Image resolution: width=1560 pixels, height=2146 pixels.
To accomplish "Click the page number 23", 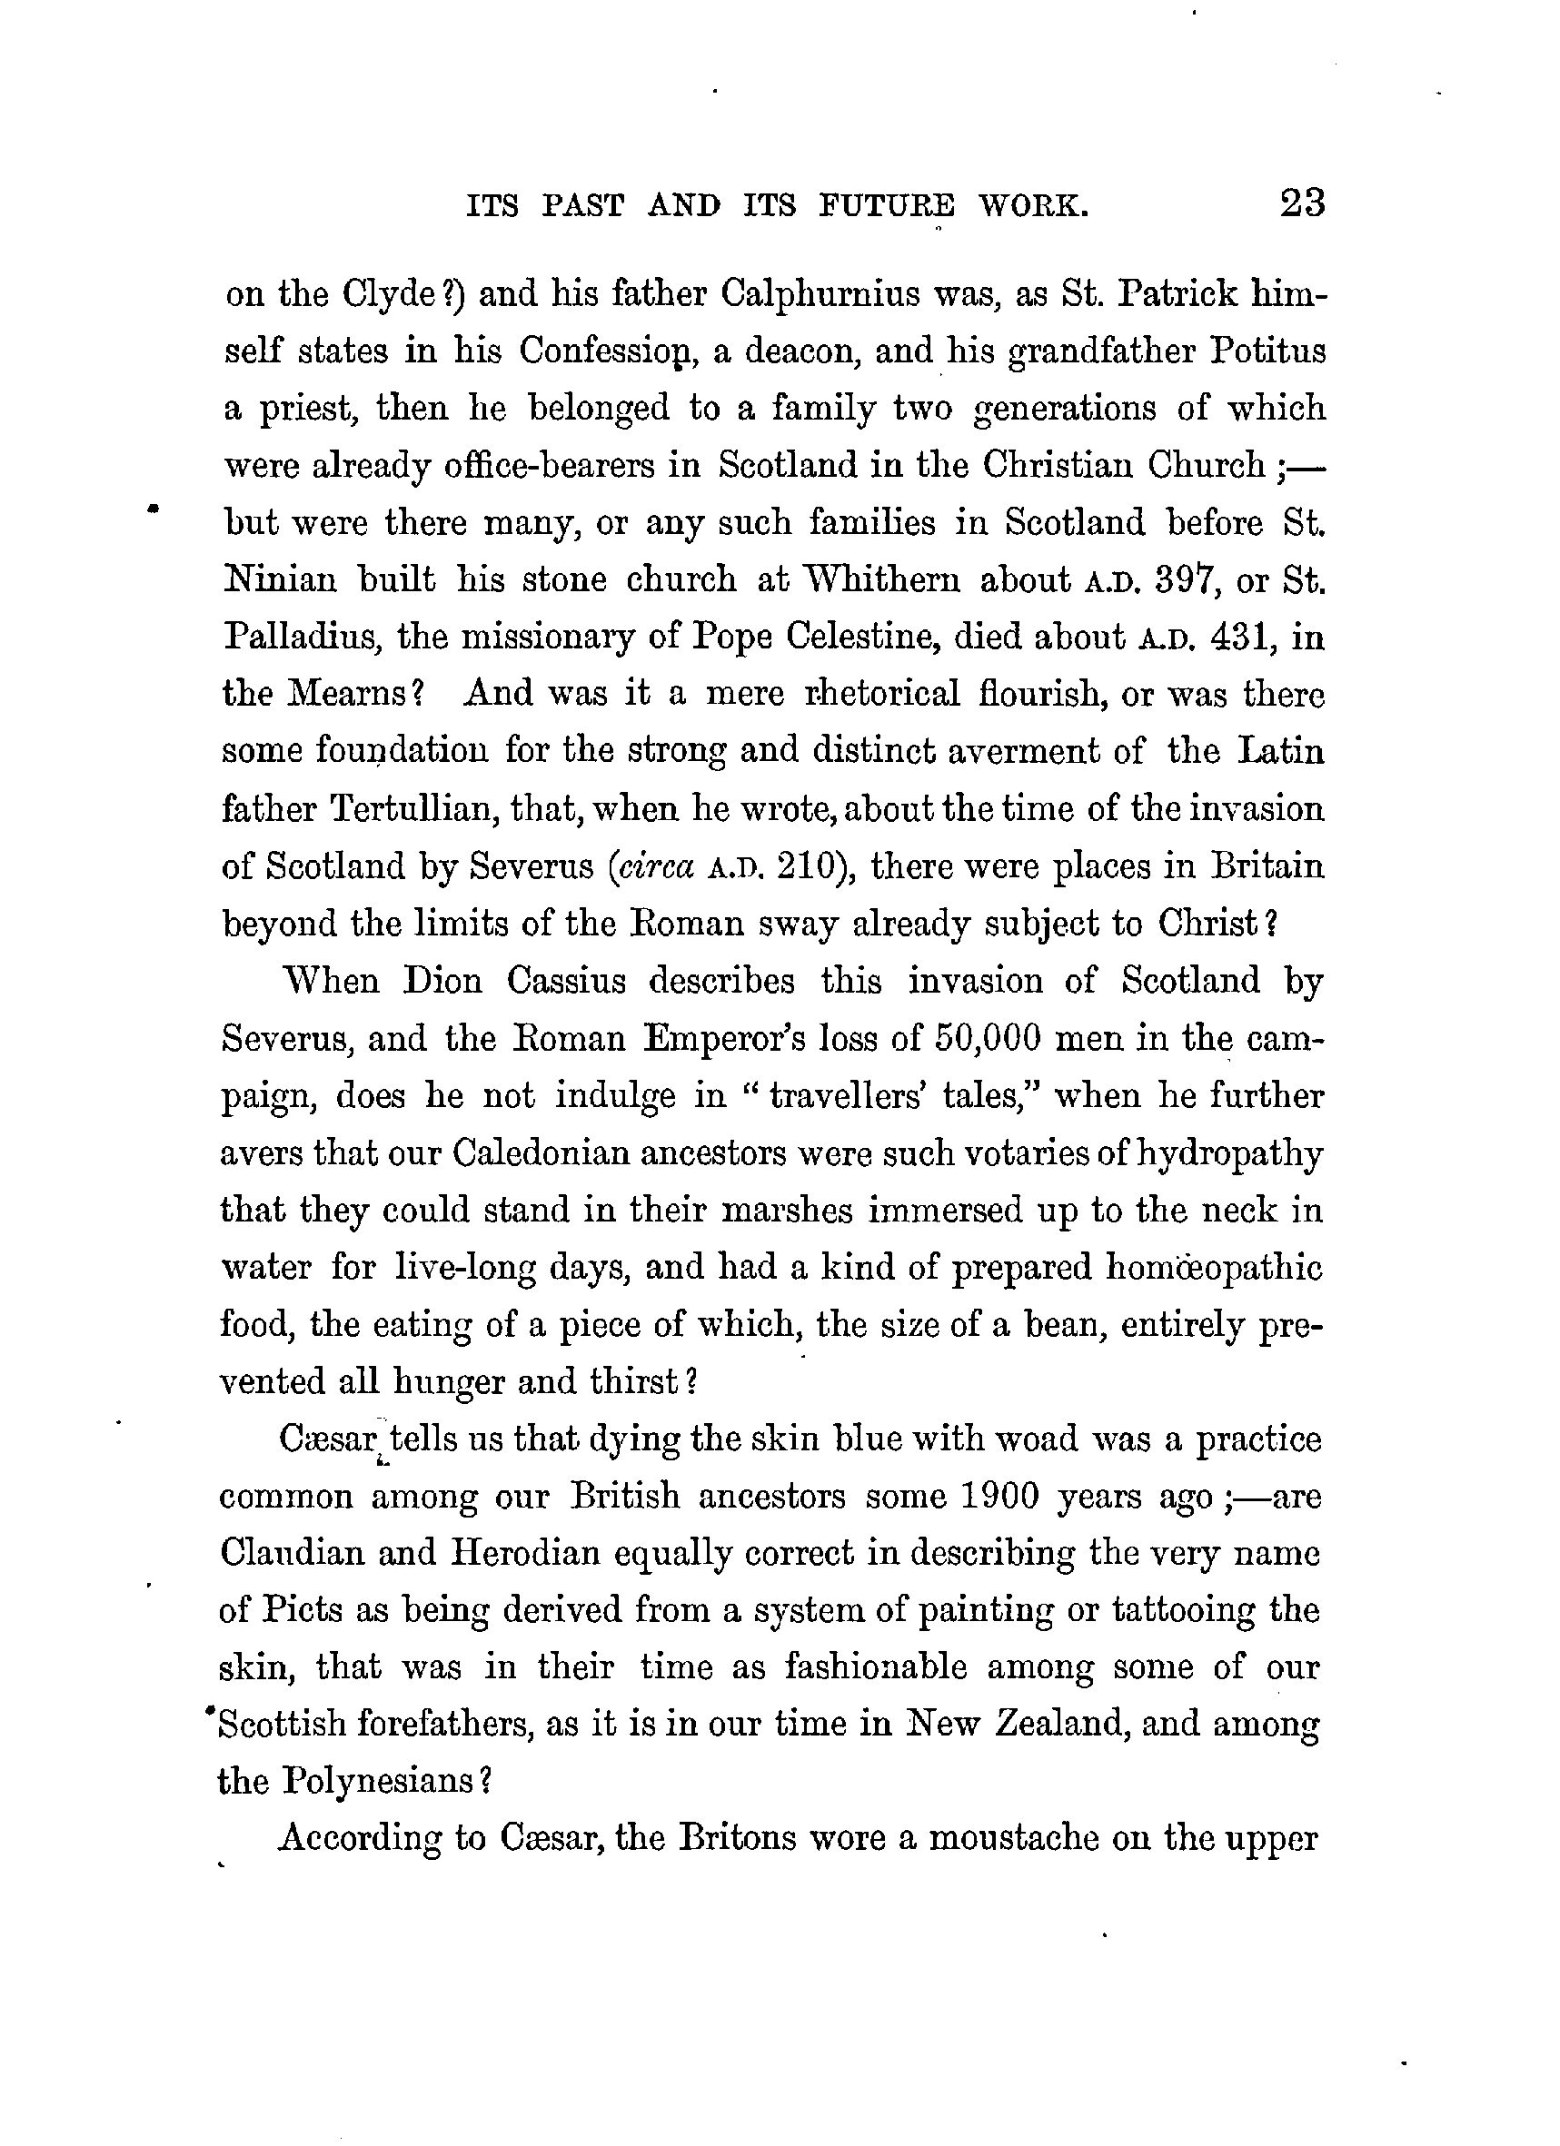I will pos(1302,203).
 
